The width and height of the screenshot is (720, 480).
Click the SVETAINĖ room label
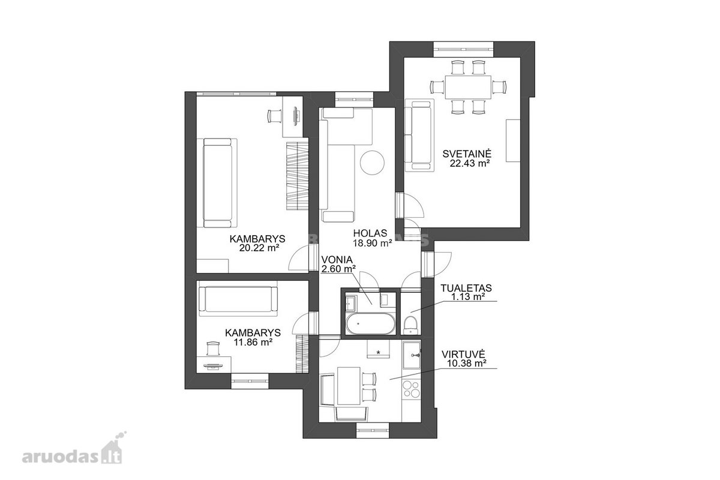pos(467,154)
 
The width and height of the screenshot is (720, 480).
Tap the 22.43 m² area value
pos(469,164)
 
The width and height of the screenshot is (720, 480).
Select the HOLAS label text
pos(370,233)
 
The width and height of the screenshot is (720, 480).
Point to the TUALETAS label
pos(466,288)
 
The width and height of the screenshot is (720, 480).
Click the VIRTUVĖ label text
pos(463,355)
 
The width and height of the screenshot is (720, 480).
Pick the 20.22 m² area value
pos(259,248)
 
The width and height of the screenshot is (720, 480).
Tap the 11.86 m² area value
pos(253,343)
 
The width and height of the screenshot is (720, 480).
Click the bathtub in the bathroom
pos(370,323)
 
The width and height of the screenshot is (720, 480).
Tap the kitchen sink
pos(412,356)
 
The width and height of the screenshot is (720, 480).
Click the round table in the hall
pos(372,163)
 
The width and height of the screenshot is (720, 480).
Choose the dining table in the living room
pos(468,88)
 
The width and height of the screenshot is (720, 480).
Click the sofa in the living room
pos(419,134)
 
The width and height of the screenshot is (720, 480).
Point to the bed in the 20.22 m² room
pos(217,183)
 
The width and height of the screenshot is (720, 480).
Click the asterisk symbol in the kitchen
pos(379,353)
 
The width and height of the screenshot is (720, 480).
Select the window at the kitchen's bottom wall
pos(373,430)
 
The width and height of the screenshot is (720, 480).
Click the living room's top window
pos(463,50)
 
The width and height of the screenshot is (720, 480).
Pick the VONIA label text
pos(337,259)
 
